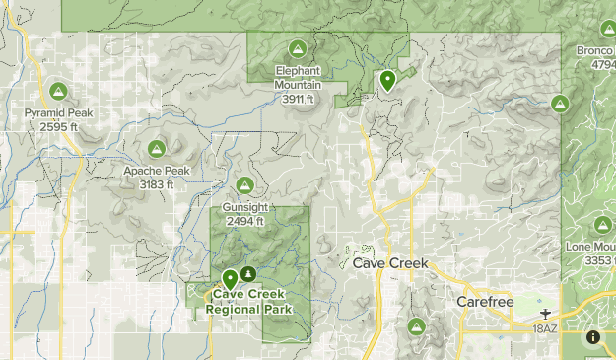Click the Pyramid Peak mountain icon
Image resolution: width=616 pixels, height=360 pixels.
click(58, 92)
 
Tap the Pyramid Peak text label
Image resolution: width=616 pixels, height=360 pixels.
click(59, 113)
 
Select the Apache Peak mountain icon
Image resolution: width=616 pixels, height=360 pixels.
click(156, 149)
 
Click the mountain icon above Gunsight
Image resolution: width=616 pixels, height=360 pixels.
click(244, 185)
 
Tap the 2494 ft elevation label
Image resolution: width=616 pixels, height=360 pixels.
click(245, 221)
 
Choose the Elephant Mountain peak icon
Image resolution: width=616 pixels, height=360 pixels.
click(297, 49)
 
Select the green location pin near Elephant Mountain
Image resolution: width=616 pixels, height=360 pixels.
click(387, 80)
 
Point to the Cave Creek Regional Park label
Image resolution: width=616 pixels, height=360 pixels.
click(250, 302)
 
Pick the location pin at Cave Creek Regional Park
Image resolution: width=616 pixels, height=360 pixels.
click(230, 279)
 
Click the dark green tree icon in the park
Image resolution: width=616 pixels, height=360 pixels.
click(247, 273)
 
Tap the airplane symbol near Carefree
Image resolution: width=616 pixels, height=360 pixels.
click(544, 314)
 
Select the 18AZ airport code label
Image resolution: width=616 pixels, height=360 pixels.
click(545, 328)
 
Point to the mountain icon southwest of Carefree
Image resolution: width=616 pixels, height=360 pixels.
click(415, 326)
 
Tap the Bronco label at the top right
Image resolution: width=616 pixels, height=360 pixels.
click(597, 49)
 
